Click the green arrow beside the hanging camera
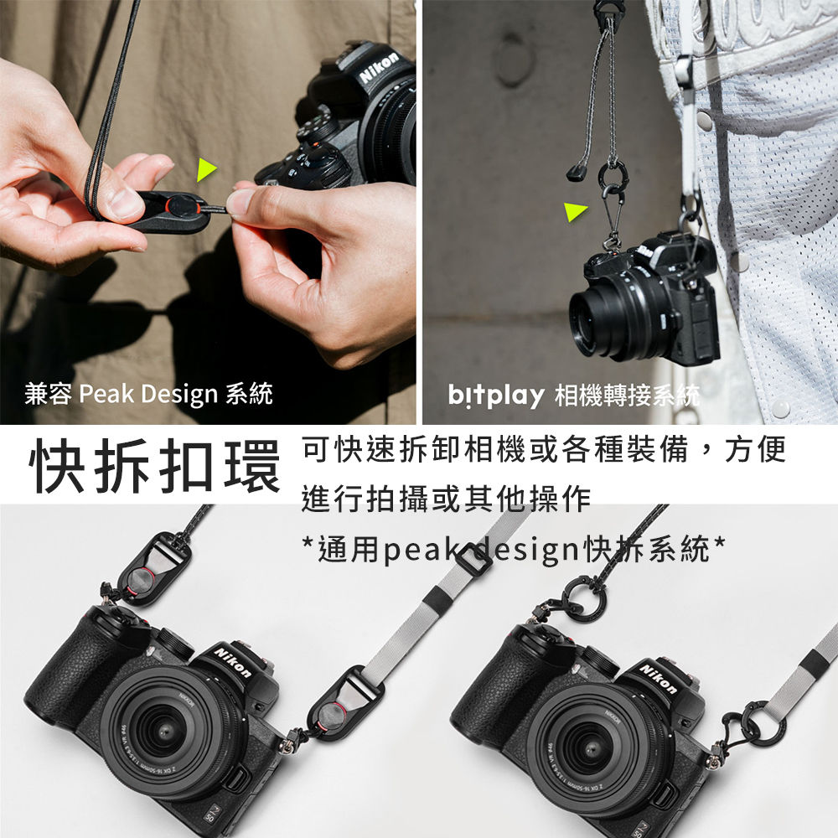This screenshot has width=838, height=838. coord(574,211)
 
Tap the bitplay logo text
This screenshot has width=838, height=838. coord(495,396)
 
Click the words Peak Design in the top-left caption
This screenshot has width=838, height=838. coord(148,395)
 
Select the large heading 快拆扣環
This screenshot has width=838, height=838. coord(155,465)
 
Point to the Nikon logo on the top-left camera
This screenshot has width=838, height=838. coord(380,68)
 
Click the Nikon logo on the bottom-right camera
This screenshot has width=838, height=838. coord(658,679)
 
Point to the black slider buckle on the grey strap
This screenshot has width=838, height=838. coord(472,558)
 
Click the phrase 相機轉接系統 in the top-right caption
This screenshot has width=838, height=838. coord(627,396)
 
